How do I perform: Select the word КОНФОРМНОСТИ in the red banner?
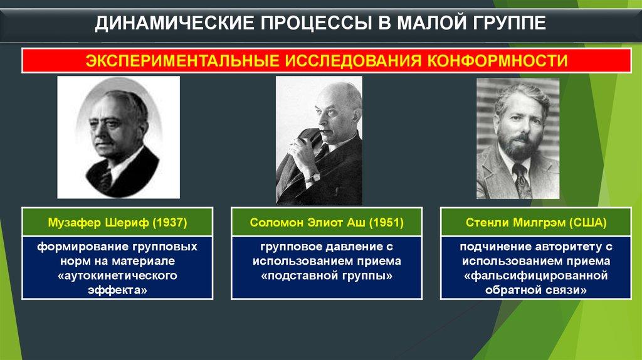point(497,61)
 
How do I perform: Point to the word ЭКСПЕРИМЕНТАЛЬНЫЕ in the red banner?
point(182,61)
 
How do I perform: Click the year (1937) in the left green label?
point(170,223)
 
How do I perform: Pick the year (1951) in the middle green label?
point(386,223)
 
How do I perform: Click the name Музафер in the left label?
point(75,223)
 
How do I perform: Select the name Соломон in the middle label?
point(272,223)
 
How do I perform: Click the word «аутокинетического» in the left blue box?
point(118,275)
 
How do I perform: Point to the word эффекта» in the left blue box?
point(117,290)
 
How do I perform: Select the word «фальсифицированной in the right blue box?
point(536,275)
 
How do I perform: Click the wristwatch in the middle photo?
point(313,177)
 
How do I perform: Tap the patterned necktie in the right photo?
point(522,179)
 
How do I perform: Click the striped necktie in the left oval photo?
point(107,179)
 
